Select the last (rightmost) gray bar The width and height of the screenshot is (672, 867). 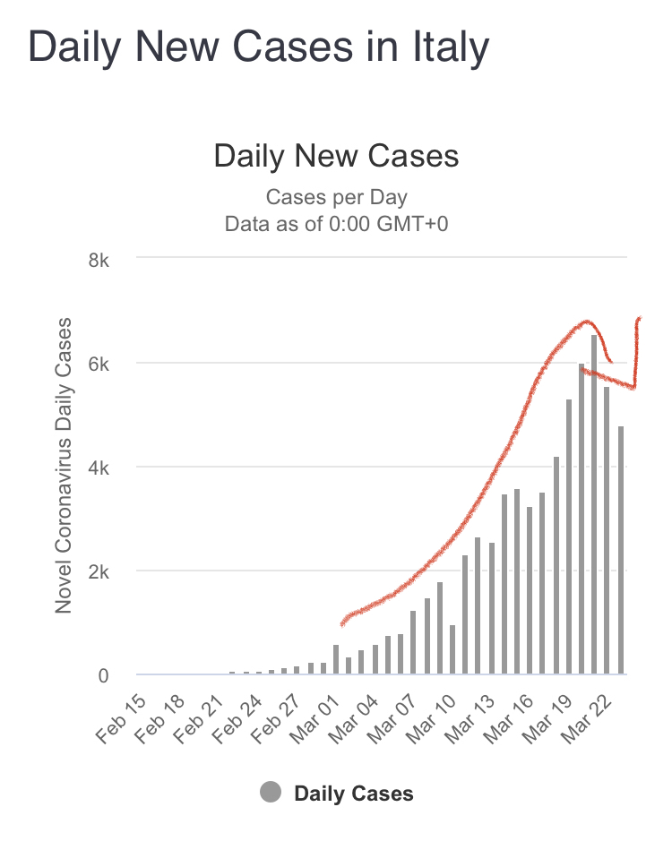[620, 550]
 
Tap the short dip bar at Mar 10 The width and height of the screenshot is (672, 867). [452, 649]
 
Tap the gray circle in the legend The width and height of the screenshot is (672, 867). [271, 793]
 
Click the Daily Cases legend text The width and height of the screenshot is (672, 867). [354, 794]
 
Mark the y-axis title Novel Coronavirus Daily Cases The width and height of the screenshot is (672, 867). [64, 466]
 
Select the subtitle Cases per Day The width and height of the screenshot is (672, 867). [336, 197]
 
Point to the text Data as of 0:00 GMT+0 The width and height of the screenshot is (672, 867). [336, 223]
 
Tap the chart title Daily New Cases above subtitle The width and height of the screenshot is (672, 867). [336, 157]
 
